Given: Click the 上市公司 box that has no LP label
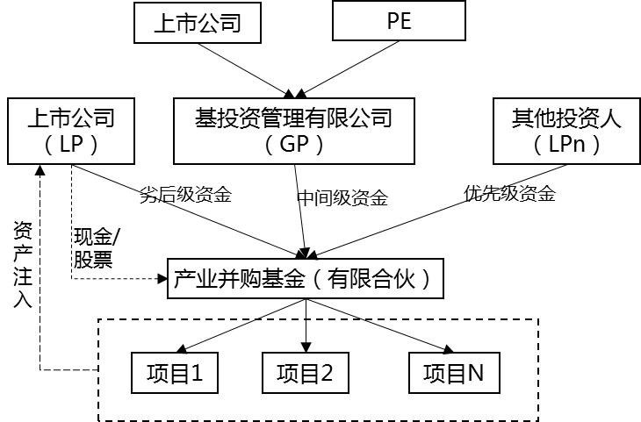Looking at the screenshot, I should (x=198, y=23).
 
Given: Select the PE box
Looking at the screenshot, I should (x=399, y=21).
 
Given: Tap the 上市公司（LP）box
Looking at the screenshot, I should (x=71, y=131).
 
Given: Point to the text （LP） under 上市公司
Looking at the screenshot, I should (x=71, y=146).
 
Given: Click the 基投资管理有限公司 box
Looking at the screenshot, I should (x=294, y=131).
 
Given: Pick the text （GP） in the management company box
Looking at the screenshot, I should (x=294, y=146).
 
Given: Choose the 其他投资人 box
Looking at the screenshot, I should (x=566, y=131).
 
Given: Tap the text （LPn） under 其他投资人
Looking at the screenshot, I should (x=566, y=146).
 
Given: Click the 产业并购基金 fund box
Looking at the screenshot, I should (x=304, y=280).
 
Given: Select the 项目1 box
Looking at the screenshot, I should (x=174, y=374).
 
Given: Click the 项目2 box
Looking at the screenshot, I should (x=305, y=374).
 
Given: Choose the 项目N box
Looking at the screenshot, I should (x=454, y=374).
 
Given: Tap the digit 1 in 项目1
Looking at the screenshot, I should (x=197, y=374).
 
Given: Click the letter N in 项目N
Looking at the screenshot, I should (x=475, y=374).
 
